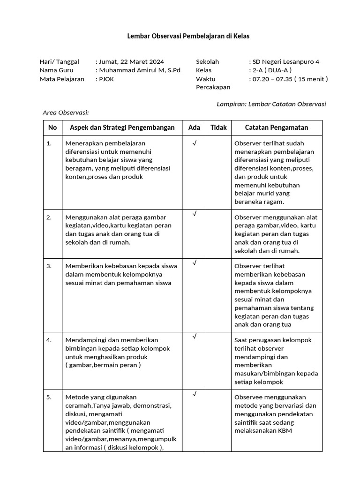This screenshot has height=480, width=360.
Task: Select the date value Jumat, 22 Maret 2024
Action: click(x=131, y=61)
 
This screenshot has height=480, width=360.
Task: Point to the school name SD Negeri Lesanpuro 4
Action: click(x=285, y=61)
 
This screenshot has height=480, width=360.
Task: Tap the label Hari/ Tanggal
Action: click(x=60, y=61)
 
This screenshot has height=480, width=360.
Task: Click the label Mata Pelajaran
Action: click(x=62, y=79)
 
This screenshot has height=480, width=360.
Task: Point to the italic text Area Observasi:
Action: click(x=66, y=112)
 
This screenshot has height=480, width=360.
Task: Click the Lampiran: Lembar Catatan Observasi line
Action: click(x=271, y=104)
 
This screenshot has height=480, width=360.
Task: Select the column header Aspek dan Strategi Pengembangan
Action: click(x=122, y=127)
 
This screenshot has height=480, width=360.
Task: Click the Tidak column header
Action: click(x=218, y=127)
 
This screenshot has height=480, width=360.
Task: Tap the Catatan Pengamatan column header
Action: click(x=277, y=127)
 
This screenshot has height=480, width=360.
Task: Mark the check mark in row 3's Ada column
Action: click(x=194, y=263)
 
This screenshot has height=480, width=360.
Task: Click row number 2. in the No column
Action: click(x=49, y=217)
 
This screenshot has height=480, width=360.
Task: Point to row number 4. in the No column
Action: click(x=49, y=340)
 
